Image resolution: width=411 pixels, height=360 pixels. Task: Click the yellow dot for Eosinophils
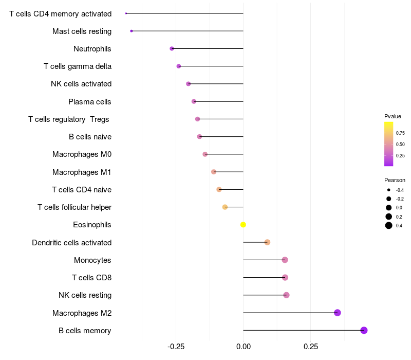244,225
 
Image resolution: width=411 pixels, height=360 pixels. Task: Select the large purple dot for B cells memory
364,330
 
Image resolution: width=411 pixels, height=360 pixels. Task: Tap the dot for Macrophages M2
337,313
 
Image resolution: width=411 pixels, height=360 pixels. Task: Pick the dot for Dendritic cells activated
267,242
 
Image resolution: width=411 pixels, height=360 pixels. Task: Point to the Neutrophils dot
172,49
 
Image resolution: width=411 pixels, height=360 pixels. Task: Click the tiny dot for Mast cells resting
132,31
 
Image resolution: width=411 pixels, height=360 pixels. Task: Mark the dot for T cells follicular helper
225,207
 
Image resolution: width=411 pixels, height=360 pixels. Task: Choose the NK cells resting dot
286,295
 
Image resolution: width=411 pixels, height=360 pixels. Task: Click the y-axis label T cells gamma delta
78,66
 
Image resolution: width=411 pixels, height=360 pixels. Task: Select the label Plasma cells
90,102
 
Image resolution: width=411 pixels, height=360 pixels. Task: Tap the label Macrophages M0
82,154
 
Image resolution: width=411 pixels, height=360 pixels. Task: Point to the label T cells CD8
92,278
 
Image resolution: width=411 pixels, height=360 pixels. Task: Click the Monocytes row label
92,260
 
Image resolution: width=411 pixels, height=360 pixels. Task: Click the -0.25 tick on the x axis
176,347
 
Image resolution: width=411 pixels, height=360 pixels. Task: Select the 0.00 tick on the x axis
244,347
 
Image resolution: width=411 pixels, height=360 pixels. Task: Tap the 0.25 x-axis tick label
311,347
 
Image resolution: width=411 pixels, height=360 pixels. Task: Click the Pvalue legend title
393,116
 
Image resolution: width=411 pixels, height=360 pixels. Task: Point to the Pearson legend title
395,180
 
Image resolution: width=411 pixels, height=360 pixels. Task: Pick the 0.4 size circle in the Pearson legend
389,225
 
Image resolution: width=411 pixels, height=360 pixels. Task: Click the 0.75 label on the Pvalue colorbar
400,133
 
